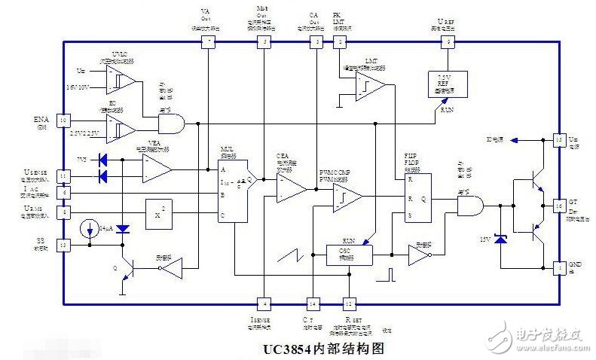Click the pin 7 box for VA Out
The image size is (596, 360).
coord(208,42)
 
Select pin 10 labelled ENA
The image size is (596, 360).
coord(63,121)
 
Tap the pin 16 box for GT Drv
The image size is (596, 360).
coord(558,205)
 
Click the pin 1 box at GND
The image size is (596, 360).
coord(558,267)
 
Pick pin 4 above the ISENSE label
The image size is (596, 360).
coord(264,304)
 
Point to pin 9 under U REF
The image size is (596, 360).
coord(450,42)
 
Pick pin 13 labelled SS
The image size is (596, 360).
coord(63,246)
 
